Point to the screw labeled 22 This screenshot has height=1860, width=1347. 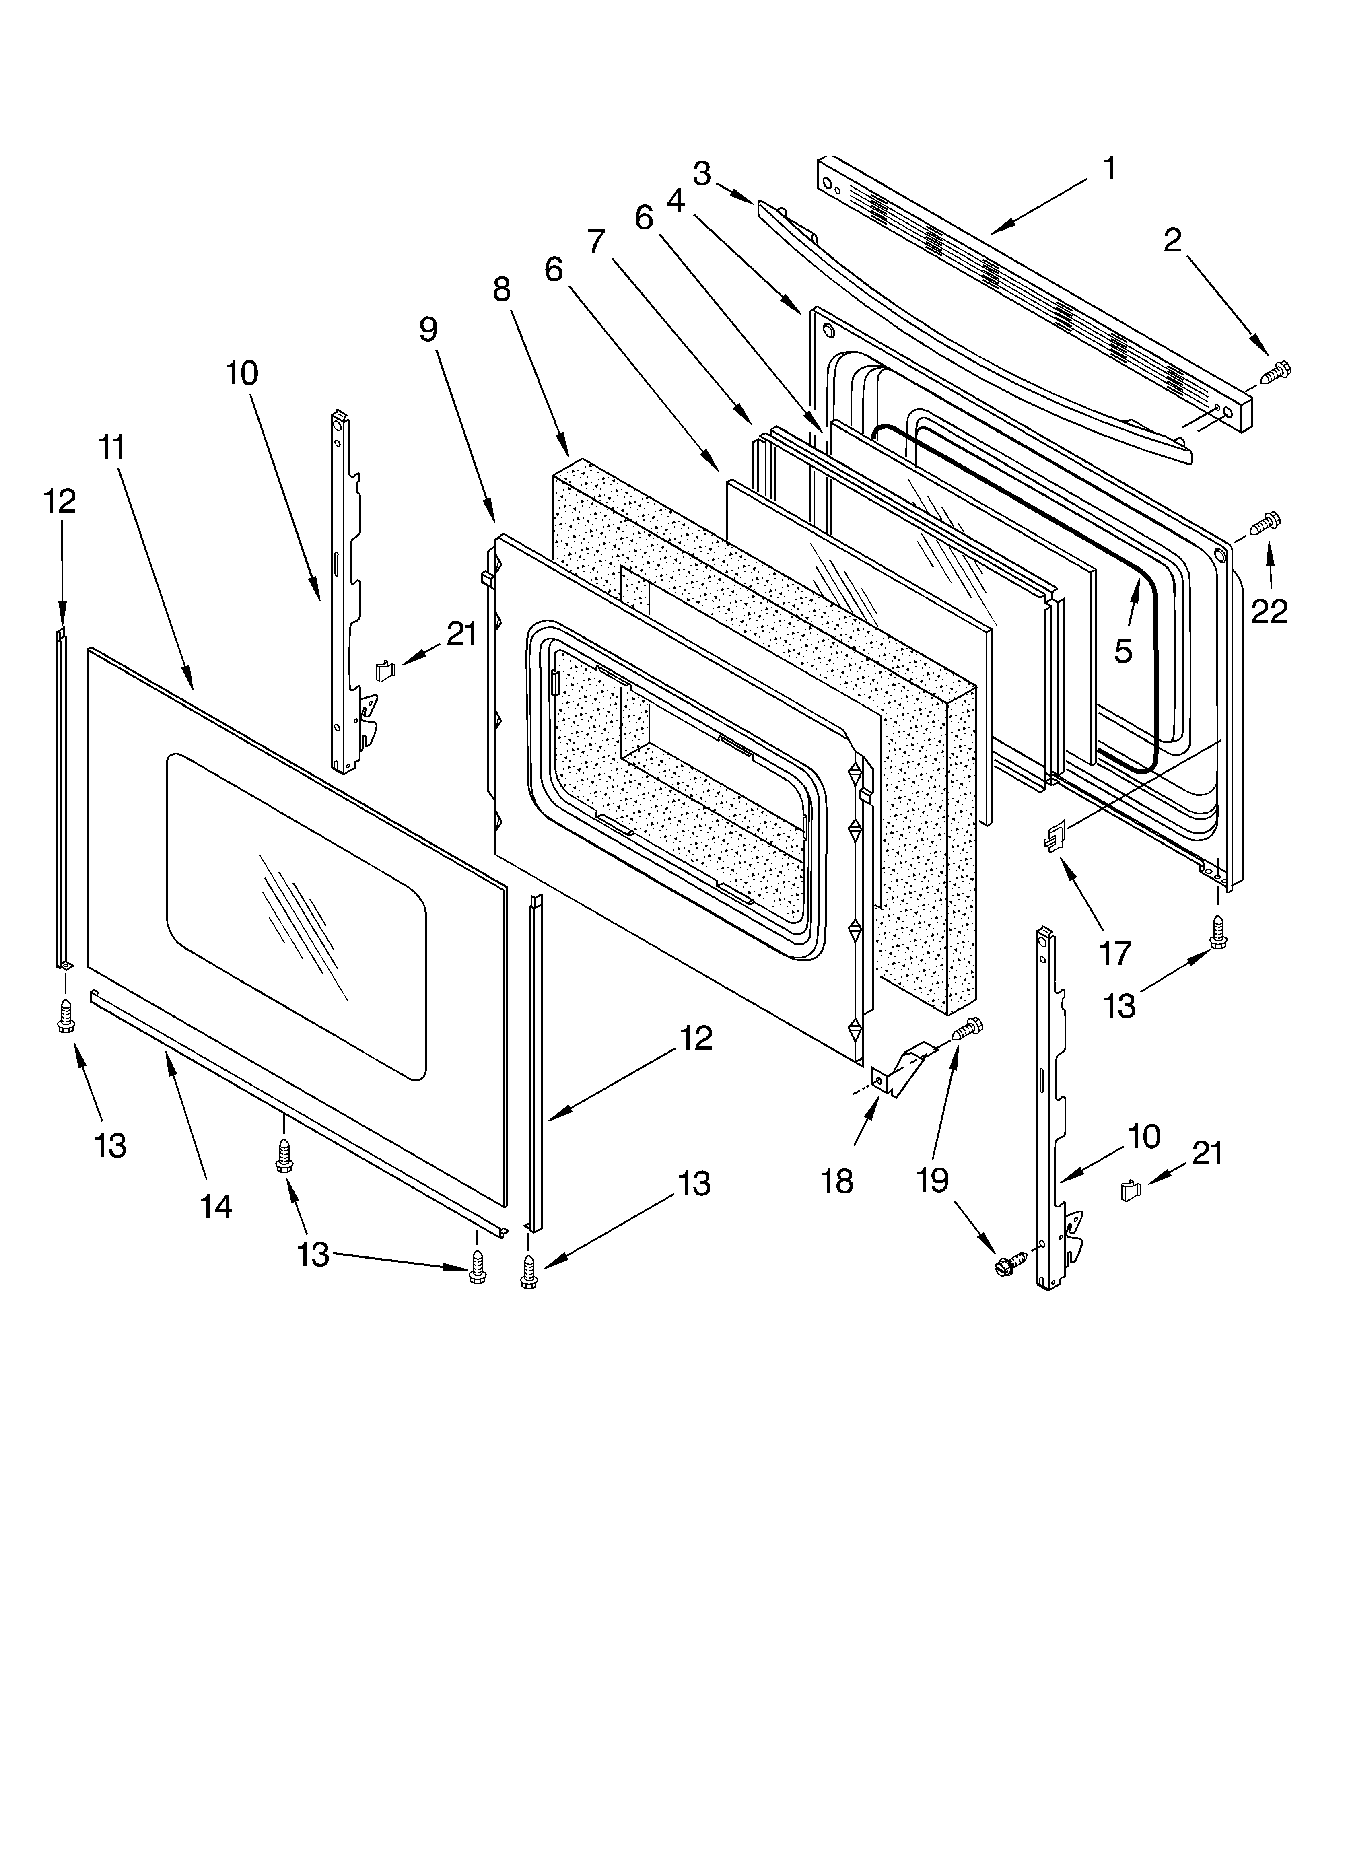[x=1267, y=520]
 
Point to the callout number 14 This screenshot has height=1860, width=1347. [x=216, y=1206]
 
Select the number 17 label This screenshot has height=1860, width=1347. [x=1115, y=953]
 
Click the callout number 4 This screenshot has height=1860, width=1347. [x=675, y=200]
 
